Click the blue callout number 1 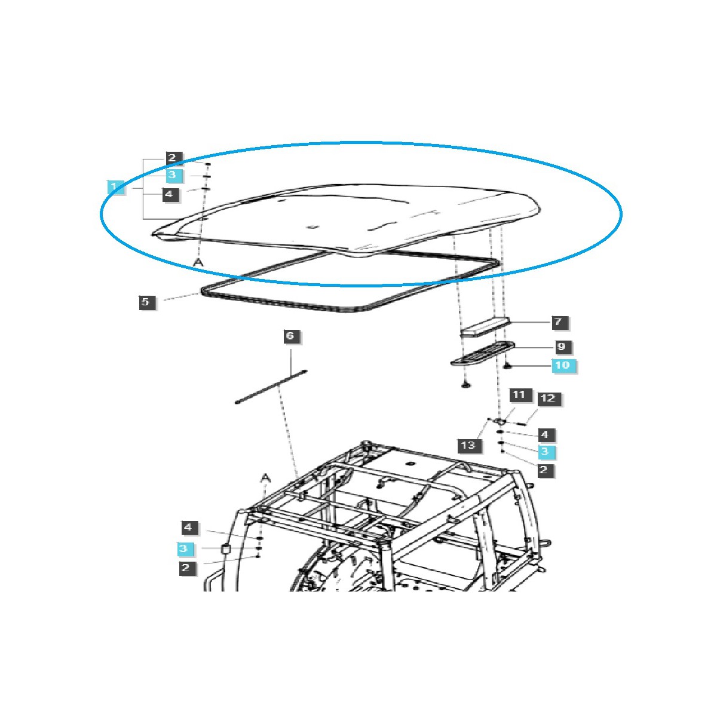click(x=115, y=187)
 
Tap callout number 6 click(x=290, y=336)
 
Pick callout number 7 click(x=558, y=322)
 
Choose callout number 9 click(x=561, y=347)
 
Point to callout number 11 click(x=519, y=395)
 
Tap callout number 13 click(x=468, y=445)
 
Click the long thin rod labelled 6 click(x=271, y=386)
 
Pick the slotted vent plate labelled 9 click(x=483, y=353)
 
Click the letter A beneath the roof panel click(x=198, y=262)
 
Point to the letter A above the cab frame click(x=265, y=477)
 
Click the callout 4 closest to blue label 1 click(x=169, y=194)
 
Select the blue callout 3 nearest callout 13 click(x=545, y=451)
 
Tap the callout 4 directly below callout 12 click(x=545, y=434)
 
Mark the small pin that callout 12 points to click(x=520, y=423)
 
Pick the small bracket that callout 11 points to click(x=501, y=422)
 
